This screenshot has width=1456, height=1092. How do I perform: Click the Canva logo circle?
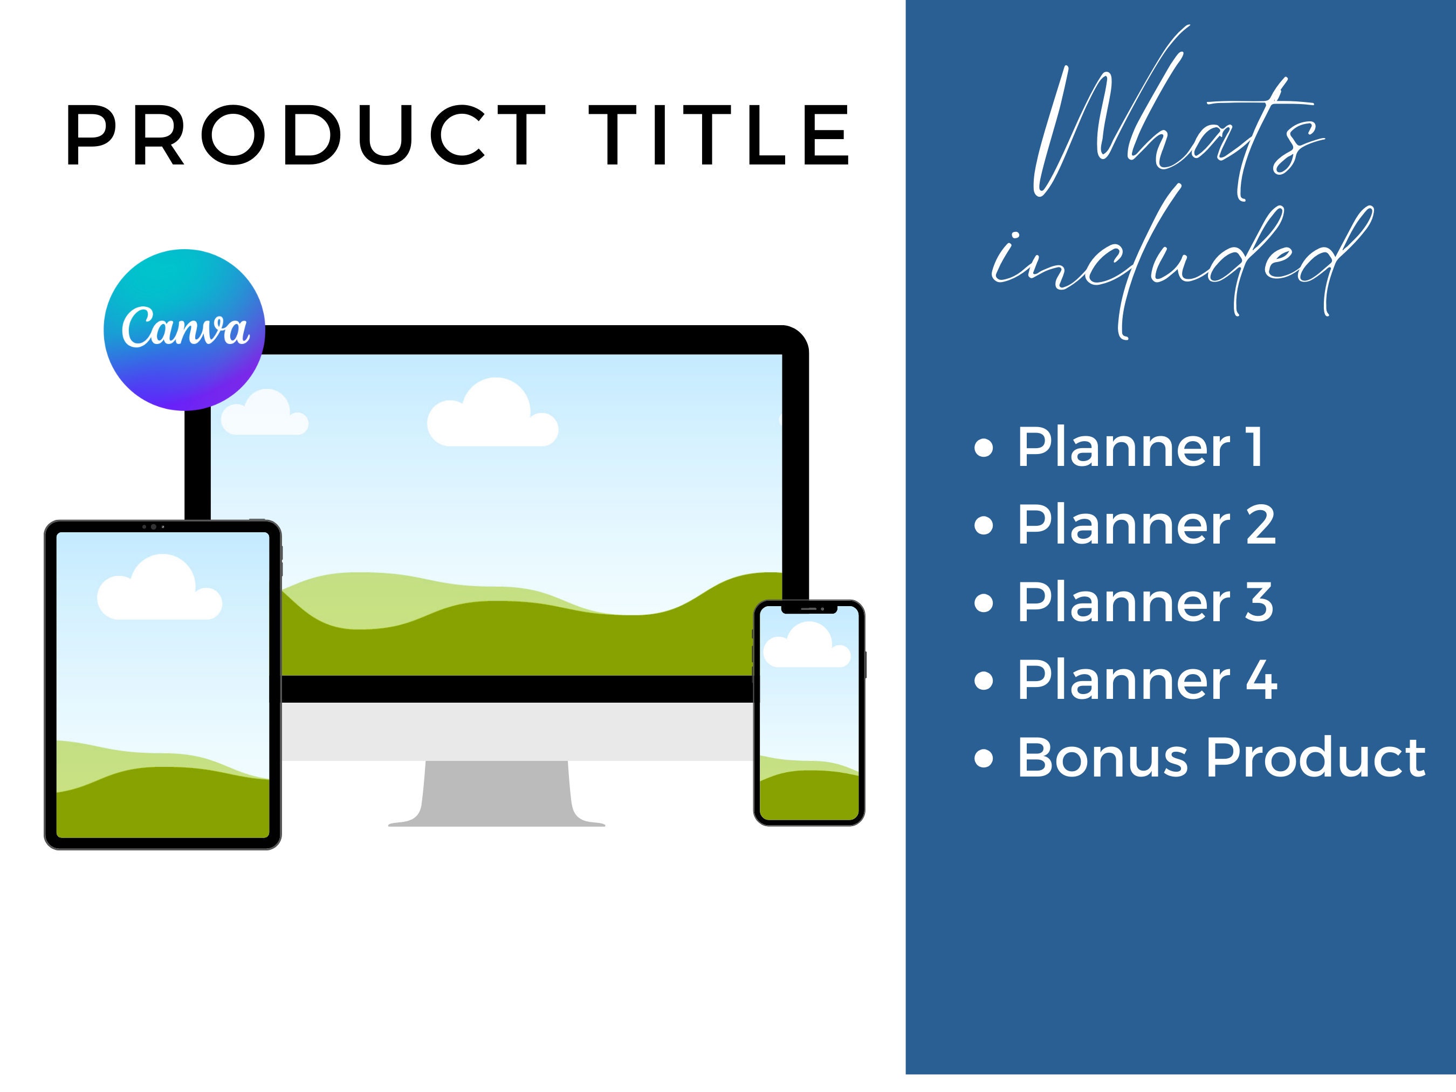pos(184,330)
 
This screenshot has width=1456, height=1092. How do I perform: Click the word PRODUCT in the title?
pos(307,135)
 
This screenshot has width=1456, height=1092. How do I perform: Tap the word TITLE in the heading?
pos(719,135)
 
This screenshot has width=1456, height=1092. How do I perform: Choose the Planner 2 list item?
pos(1146,525)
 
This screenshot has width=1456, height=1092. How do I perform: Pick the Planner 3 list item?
pos(1145,602)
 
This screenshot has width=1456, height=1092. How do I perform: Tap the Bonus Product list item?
pos(1221,758)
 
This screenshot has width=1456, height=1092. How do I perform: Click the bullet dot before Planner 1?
pos(984,448)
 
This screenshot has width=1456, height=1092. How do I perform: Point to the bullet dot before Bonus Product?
pos(984,758)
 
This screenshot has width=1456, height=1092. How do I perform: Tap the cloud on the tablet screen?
pos(159,587)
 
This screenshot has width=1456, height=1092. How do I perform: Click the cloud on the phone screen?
pos(807,645)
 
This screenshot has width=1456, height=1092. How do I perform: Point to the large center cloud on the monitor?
pos(493,414)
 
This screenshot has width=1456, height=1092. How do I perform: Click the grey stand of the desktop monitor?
pos(496,794)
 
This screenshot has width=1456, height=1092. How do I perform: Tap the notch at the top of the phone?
pos(809,609)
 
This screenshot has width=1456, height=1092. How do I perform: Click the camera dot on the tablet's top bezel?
pos(153,526)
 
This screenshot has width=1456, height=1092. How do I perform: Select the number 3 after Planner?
pos(1259,602)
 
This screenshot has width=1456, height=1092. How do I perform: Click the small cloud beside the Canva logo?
pos(265,413)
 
